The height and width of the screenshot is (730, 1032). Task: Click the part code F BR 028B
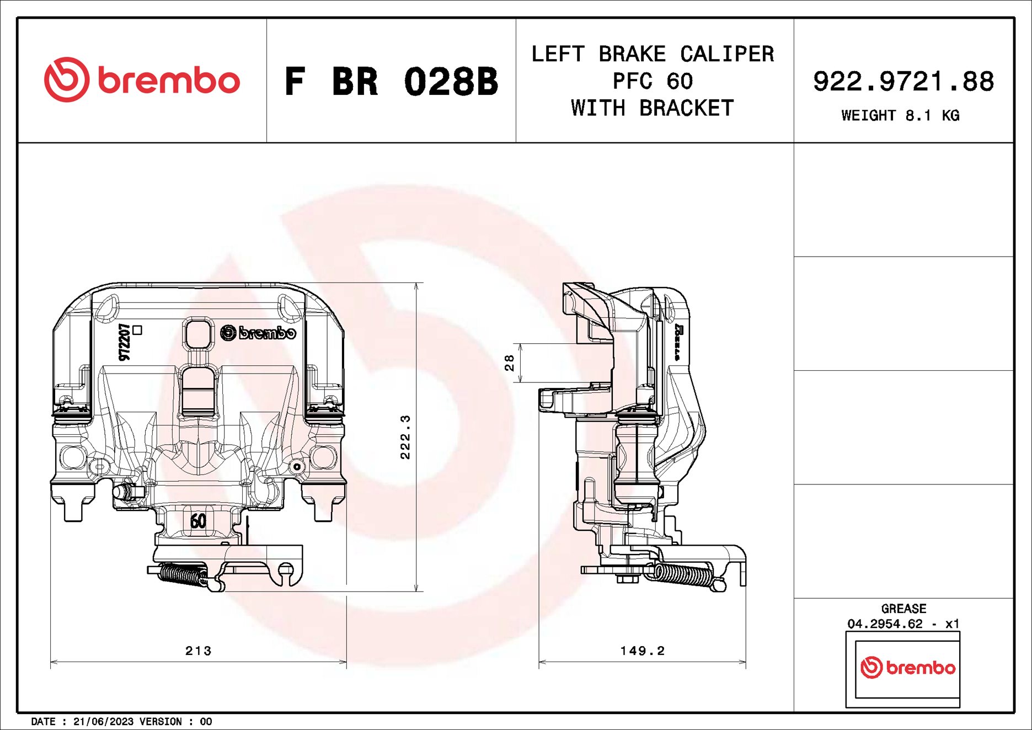[391, 82]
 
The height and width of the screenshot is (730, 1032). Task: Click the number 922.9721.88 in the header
[903, 82]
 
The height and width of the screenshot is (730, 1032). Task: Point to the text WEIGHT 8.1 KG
[900, 115]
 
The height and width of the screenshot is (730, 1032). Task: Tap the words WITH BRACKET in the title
[653, 108]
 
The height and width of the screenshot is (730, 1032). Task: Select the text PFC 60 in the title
[653, 82]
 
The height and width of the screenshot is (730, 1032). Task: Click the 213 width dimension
[198, 651]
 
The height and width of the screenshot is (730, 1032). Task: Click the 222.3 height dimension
[405, 437]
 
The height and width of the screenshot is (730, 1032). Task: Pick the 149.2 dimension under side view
[642, 651]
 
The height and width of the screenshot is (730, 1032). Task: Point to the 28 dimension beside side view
[510, 363]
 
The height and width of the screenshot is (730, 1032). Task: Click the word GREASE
[903, 609]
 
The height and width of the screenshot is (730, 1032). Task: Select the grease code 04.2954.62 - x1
[903, 624]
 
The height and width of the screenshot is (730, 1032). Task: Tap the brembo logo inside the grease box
[907, 668]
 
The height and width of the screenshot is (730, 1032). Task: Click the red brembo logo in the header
[142, 80]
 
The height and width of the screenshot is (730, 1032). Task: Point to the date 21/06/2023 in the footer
[103, 722]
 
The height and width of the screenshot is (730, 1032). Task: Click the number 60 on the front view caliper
[198, 520]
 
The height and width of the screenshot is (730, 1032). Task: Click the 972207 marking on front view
[125, 342]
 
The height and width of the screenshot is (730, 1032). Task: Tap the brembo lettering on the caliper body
[259, 333]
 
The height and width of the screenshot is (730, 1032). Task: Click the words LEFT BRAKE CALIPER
[653, 54]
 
